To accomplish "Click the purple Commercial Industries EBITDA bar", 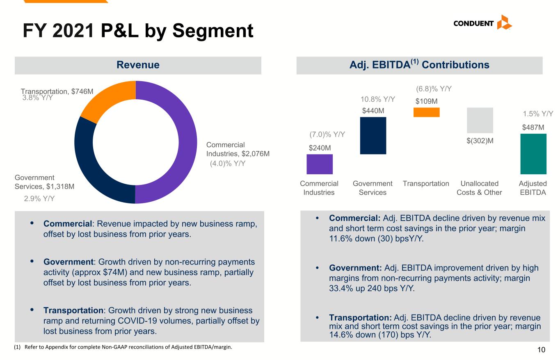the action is pyautogui.click(x=320, y=164).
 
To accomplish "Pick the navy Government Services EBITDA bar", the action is pyautogui.click(x=373, y=135).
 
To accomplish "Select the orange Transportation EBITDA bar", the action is pyautogui.click(x=427, y=112).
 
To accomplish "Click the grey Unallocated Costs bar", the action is pyautogui.click(x=480, y=120).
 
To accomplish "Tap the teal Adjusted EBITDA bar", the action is pyautogui.click(x=533, y=154).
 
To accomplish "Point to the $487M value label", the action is pyautogui.click(x=533, y=128).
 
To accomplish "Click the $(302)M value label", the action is pyautogui.click(x=480, y=141).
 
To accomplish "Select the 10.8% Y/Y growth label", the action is pyautogui.click(x=378, y=100).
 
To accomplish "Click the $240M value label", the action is pyautogui.click(x=320, y=148).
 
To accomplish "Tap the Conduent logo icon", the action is pyautogui.click(x=505, y=22).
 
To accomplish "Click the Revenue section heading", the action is pyautogui.click(x=138, y=65).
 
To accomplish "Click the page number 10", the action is pyautogui.click(x=541, y=349).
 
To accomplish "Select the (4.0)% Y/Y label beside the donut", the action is pyautogui.click(x=228, y=164).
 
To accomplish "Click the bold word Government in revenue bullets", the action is pyautogui.click(x=69, y=262).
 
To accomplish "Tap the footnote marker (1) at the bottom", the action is pyautogui.click(x=17, y=347).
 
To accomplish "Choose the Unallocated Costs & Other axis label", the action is pyautogui.click(x=479, y=188).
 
